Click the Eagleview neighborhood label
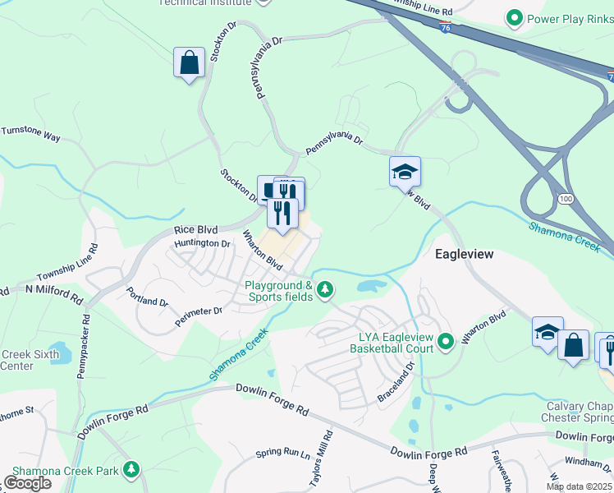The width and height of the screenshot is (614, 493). click(464, 254)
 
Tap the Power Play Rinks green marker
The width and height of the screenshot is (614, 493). click(515, 16)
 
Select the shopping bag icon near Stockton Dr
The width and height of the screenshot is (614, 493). click(189, 62)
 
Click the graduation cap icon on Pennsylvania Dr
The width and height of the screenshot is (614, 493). click(405, 172)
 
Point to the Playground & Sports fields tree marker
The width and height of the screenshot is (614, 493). click(326, 288)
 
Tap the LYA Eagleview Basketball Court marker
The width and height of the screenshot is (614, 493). click(446, 340)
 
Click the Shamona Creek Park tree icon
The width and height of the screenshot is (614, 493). click(131, 469)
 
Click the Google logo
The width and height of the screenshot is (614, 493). click(27, 483)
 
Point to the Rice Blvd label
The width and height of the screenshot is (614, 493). click(195, 231)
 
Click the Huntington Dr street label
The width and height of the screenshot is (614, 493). click(202, 243)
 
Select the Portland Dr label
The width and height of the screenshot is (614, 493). click(148, 297)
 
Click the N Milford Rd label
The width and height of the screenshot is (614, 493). click(55, 289)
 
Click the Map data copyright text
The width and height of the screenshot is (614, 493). click(579, 486)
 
